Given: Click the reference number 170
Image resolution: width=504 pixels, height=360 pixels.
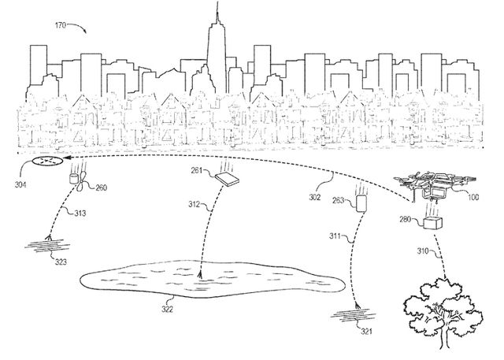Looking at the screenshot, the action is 60,25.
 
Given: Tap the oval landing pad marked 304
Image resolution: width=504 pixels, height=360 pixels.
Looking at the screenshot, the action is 47,161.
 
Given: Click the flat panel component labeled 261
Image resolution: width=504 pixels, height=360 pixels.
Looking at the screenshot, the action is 228,180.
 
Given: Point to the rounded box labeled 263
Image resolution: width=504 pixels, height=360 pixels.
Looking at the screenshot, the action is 361,203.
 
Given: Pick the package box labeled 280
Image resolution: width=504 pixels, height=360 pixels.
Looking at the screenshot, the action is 432,223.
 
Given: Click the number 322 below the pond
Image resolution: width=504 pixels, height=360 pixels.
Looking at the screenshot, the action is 167,310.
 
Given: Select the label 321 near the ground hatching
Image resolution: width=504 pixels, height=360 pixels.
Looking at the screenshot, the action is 366,332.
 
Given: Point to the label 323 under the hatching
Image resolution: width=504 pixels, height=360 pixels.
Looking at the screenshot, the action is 61,262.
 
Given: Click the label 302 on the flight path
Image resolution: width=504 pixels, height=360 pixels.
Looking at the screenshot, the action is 315,197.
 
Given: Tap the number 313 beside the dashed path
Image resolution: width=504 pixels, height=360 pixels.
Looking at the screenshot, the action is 80,213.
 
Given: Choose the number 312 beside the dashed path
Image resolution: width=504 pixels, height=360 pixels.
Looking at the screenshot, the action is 195,204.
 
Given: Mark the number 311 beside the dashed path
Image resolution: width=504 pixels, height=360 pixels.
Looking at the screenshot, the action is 335,236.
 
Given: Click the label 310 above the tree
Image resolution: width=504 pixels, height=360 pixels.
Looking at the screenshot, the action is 424,251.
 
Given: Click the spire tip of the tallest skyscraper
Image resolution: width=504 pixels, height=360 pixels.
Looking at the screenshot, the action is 217,2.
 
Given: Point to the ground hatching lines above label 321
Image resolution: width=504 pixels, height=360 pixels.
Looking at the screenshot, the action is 354,315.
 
